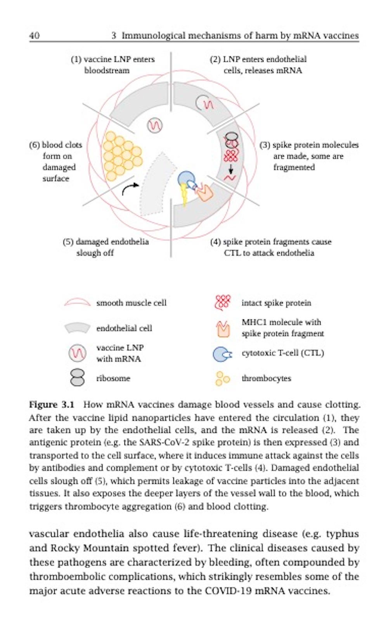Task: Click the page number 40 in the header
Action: (x=34, y=35)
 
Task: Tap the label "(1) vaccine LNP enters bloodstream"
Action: (x=112, y=64)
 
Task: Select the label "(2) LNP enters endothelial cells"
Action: (x=258, y=64)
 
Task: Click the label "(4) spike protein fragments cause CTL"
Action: (x=270, y=247)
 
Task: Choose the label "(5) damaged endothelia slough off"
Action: (x=106, y=247)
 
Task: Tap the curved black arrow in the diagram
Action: (x=130, y=189)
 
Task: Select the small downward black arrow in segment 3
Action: (x=231, y=169)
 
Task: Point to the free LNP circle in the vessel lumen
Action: (x=154, y=125)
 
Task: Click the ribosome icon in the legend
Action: (x=77, y=377)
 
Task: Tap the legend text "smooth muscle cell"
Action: (x=131, y=303)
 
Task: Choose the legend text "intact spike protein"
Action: (x=276, y=303)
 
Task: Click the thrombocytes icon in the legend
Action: (x=222, y=378)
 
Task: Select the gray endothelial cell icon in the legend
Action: (x=77, y=328)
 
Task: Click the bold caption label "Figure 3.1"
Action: (x=51, y=405)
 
